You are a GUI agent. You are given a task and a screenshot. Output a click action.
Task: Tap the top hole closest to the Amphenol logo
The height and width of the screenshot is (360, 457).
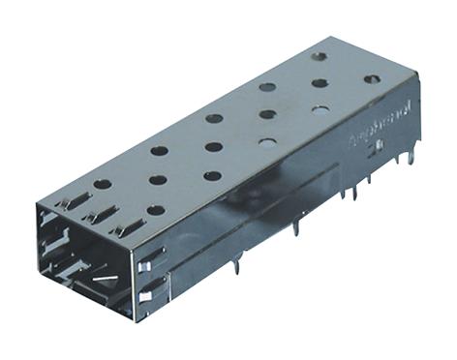point(373,78)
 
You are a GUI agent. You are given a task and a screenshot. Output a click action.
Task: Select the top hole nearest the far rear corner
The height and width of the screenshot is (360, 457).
point(320,56)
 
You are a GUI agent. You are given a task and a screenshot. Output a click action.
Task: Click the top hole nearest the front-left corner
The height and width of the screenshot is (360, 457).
point(102,183)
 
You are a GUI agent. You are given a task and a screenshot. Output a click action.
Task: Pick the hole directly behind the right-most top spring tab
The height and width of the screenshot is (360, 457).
point(156,209)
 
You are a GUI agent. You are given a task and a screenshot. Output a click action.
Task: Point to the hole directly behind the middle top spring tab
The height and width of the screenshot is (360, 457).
point(156,179)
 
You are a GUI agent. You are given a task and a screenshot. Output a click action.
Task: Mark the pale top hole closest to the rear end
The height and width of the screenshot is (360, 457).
point(320,108)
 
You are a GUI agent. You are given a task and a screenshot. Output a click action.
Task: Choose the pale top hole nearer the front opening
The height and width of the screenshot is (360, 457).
point(267,141)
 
